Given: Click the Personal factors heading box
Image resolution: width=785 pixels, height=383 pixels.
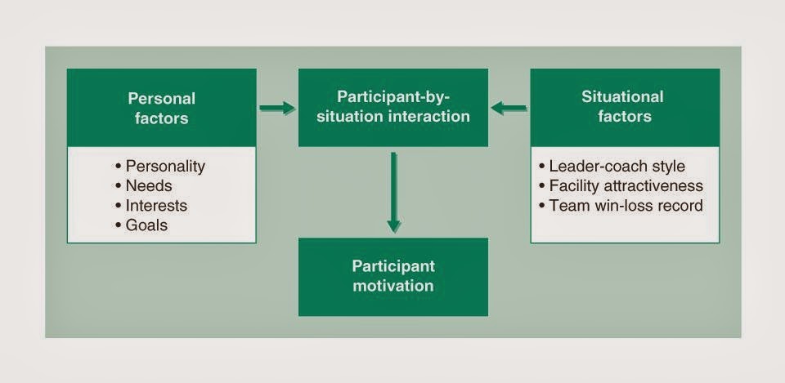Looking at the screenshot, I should coord(161,108).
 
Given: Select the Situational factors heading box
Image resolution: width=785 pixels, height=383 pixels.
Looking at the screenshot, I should coord(625,107).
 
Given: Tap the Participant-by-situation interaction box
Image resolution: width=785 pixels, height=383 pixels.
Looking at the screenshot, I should coord(392,107).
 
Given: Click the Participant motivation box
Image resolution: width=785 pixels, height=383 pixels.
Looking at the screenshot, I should coord(392,276).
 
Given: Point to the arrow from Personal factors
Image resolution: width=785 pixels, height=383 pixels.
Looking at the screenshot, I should coord(277,107).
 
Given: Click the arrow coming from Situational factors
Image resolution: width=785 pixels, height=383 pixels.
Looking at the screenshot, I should coord(509,107).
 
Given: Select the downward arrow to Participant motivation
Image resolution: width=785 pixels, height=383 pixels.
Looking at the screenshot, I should coord(393,191).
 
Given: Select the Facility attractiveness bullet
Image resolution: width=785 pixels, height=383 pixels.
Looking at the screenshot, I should coord(621,185).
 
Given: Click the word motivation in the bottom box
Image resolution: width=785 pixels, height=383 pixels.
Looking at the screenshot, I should coord(392,286).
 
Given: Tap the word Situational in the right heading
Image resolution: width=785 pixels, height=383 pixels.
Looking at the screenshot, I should coord(622,97).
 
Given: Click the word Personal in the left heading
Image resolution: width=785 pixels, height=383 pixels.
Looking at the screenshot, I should coord(162,99).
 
